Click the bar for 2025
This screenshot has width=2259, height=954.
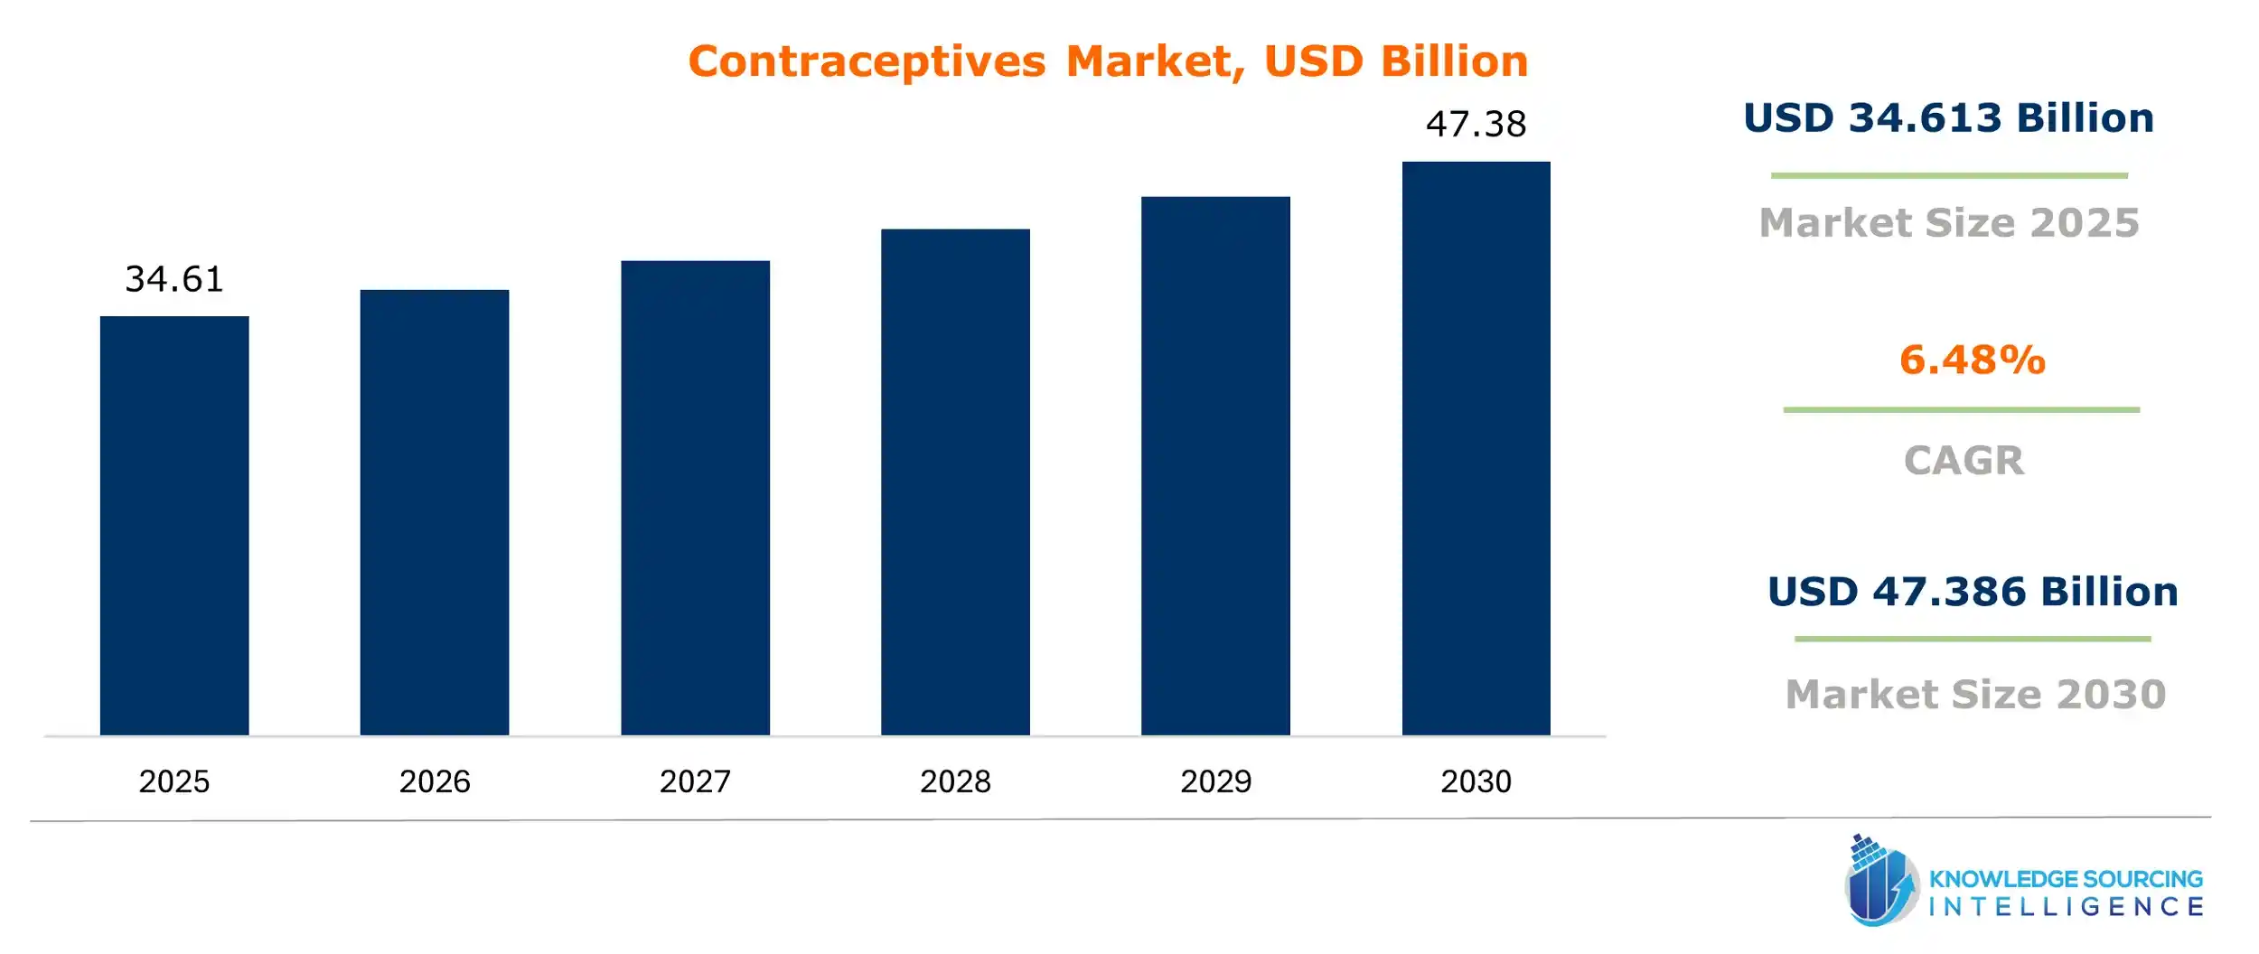click(x=174, y=525)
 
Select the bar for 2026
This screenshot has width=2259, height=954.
click(x=435, y=512)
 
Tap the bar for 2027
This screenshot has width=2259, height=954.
click(x=695, y=498)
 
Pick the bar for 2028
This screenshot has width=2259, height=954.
click(x=955, y=482)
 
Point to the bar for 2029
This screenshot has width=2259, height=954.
click(x=1215, y=465)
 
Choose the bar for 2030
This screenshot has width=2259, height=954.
click(x=1476, y=448)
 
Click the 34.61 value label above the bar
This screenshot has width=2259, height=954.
click(x=174, y=279)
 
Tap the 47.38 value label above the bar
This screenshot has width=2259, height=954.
click(x=1476, y=124)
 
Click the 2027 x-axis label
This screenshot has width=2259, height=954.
click(x=695, y=781)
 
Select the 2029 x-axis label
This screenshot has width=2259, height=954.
click(x=1215, y=781)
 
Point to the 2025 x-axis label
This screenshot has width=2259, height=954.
click(x=174, y=781)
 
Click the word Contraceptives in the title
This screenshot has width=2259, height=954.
click(x=867, y=62)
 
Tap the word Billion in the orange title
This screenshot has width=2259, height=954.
click(x=1455, y=61)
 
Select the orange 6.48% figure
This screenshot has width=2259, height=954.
click(x=1972, y=360)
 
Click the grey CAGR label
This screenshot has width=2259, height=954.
click(x=1964, y=461)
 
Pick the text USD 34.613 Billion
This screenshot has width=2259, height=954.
click(x=1948, y=118)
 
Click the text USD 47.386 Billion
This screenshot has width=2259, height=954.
click(x=1973, y=592)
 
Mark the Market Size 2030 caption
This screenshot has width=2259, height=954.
click(x=1976, y=694)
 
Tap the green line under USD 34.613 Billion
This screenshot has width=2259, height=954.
click(x=1949, y=175)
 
